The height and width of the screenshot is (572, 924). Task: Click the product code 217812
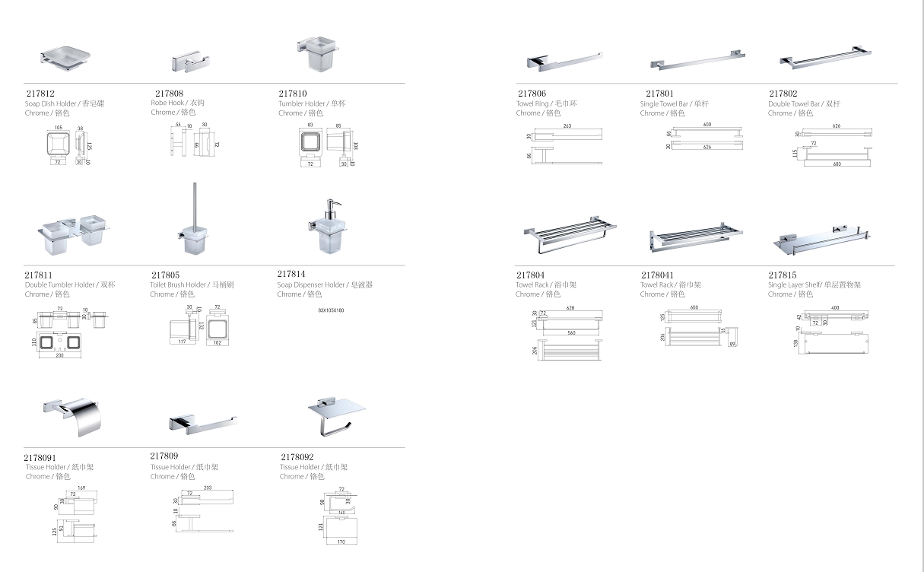40,94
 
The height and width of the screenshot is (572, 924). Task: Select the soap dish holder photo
65,58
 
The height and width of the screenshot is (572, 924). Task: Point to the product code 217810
293,94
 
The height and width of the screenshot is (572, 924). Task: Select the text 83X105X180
331,310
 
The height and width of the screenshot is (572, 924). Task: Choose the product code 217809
164,456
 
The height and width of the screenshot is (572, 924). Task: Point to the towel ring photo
563,59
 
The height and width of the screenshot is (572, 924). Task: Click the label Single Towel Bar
662,103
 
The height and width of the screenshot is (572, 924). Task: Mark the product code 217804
530,275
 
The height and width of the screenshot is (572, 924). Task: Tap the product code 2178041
657,275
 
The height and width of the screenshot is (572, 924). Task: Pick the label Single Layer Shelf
794,285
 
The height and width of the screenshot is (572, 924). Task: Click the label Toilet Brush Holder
177,285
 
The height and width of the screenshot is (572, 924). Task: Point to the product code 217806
531,94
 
